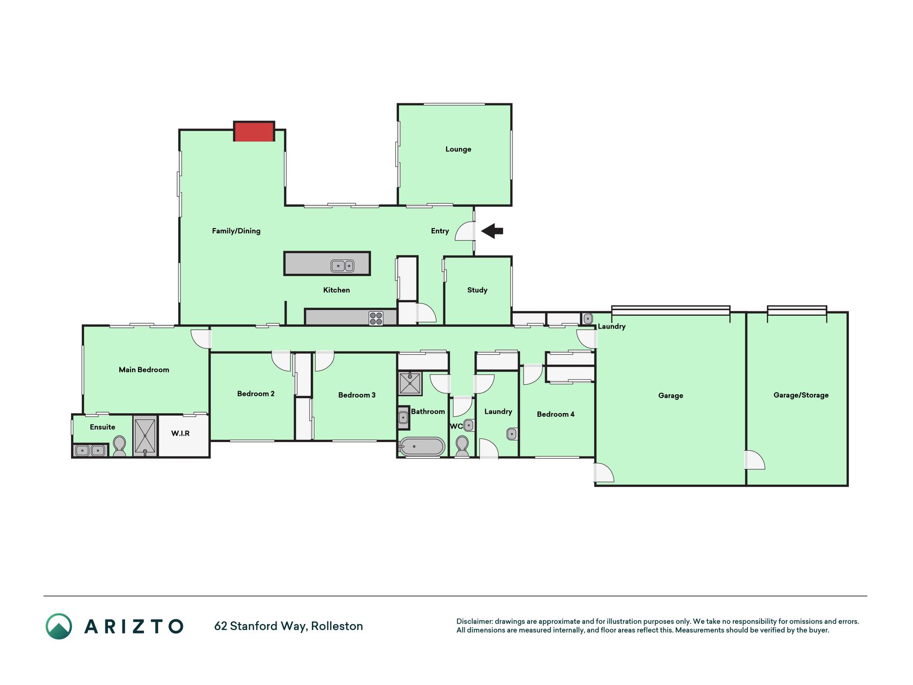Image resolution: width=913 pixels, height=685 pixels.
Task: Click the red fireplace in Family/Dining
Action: (x=254, y=132)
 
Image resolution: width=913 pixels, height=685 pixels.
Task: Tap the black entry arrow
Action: (x=492, y=231)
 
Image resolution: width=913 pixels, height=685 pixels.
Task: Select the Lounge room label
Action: (x=458, y=149)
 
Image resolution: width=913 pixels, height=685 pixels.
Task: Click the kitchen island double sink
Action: (x=342, y=265)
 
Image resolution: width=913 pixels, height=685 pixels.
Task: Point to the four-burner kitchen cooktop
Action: (x=376, y=318)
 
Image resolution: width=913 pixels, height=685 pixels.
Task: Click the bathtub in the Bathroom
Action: (x=422, y=447)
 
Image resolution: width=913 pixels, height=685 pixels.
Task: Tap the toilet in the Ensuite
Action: (x=119, y=446)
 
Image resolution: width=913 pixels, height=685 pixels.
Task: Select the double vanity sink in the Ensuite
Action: (x=89, y=451)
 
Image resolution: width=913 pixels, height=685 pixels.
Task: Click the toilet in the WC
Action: (x=462, y=447)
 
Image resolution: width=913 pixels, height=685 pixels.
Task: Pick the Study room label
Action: (x=477, y=290)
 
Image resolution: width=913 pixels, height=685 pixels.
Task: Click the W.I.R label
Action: (x=180, y=433)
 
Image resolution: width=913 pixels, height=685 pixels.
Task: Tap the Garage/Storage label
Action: (x=801, y=395)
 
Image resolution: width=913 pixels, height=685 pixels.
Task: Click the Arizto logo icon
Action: (x=59, y=626)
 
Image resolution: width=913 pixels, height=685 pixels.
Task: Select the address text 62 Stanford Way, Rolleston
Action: (x=288, y=626)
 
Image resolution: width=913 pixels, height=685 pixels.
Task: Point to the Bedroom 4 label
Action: (x=556, y=414)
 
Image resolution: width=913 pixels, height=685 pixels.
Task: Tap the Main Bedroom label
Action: (x=144, y=370)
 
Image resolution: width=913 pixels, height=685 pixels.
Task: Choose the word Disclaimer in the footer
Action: (x=474, y=621)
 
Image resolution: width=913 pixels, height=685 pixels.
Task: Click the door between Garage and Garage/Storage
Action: (x=755, y=460)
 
